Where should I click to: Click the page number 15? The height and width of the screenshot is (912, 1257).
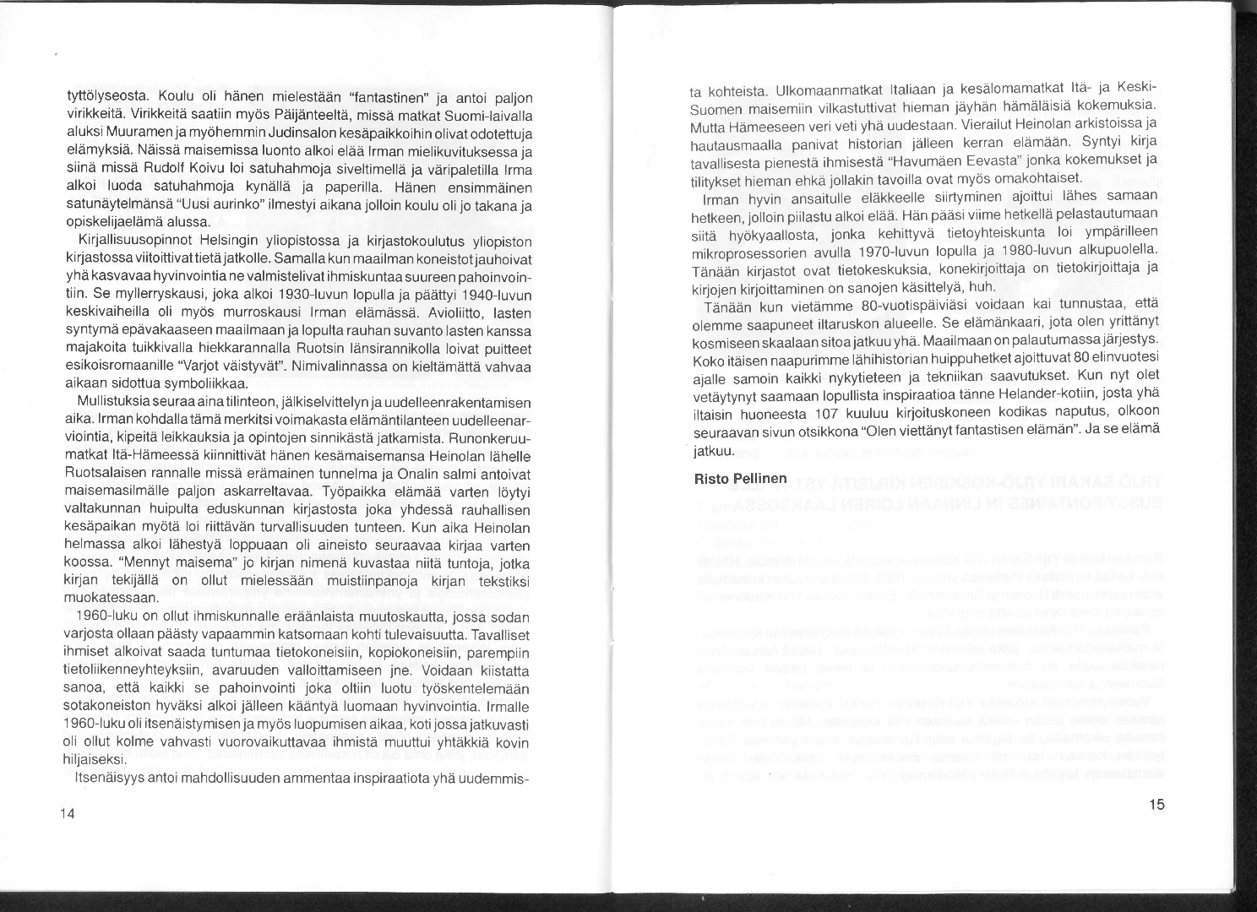1156,804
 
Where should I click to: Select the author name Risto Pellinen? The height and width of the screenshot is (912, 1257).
740,479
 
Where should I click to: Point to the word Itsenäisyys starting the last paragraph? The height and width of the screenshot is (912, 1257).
109,777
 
